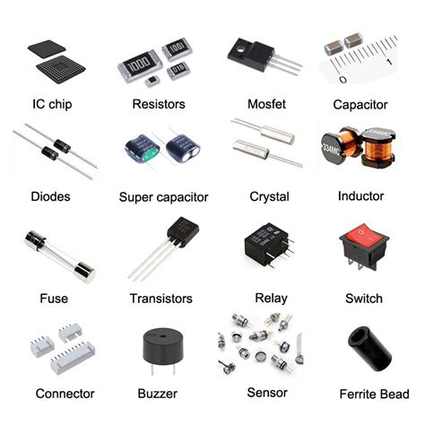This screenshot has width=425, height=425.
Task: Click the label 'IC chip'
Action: (x=51, y=105)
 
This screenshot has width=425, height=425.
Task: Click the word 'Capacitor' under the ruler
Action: (x=360, y=105)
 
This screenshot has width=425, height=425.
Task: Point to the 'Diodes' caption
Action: (x=50, y=195)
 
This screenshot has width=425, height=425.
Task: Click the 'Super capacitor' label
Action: (x=163, y=196)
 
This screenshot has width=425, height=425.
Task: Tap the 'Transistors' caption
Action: (x=160, y=299)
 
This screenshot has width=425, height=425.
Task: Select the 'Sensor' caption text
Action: (x=266, y=393)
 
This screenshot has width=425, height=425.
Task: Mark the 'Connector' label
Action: (x=65, y=393)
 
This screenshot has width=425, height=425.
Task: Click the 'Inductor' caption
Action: (x=360, y=195)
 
